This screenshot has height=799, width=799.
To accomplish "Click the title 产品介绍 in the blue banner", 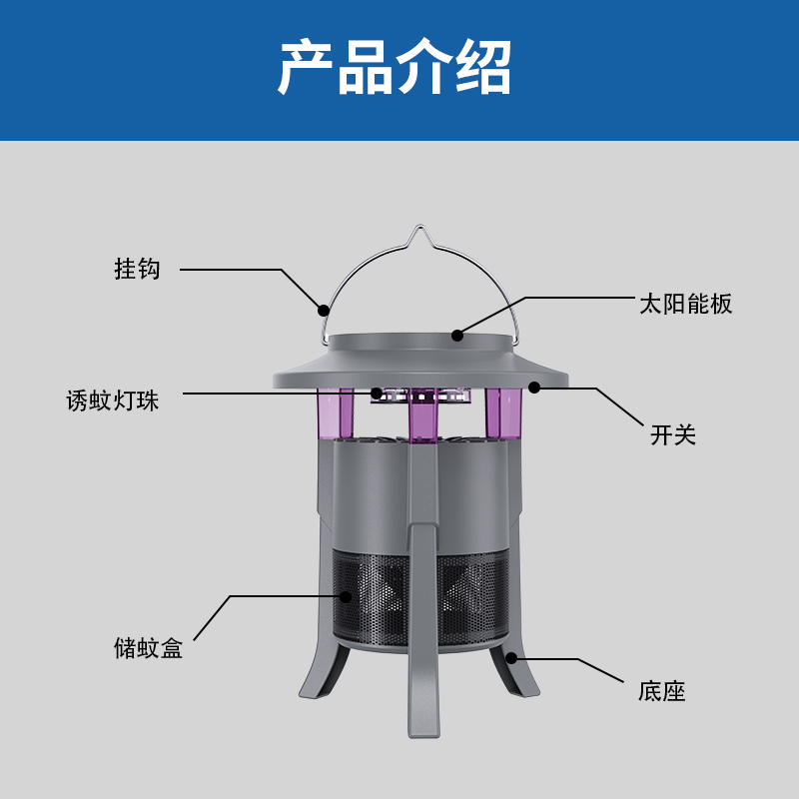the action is (395, 67).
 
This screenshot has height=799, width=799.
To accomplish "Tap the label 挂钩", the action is (137, 269).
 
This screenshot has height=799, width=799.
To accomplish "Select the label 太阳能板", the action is (686, 304).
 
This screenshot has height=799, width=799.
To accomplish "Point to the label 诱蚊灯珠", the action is (113, 400).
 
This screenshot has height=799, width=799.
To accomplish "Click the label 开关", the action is (673, 435).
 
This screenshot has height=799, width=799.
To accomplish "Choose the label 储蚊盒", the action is (148, 648).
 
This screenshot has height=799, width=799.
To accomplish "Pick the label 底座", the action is (662, 691).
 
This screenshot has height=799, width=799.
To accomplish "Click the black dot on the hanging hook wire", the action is (323, 310).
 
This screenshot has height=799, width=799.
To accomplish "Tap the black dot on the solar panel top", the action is (457, 336).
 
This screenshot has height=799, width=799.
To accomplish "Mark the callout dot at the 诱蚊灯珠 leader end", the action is (377, 394).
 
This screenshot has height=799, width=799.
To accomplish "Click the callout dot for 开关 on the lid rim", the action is (534, 388).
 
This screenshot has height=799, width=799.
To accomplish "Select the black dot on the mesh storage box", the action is (346, 596).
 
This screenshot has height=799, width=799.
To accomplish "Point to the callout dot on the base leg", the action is (511, 658).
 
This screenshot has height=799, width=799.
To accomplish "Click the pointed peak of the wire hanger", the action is (419, 226).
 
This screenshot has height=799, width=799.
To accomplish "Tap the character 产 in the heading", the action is (306, 67).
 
